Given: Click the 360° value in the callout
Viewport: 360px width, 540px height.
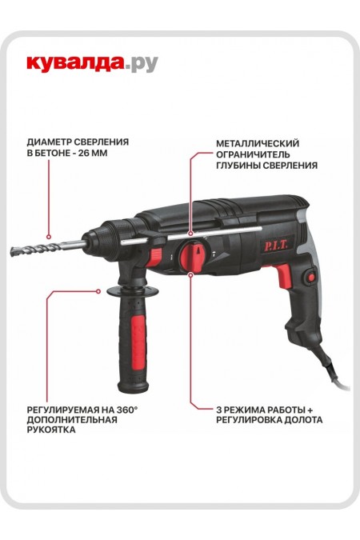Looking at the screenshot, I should click(126, 407).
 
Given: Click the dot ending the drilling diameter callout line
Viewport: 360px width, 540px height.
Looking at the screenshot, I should click(48, 238).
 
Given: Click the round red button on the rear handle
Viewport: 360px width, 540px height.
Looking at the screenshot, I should click(309, 278).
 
